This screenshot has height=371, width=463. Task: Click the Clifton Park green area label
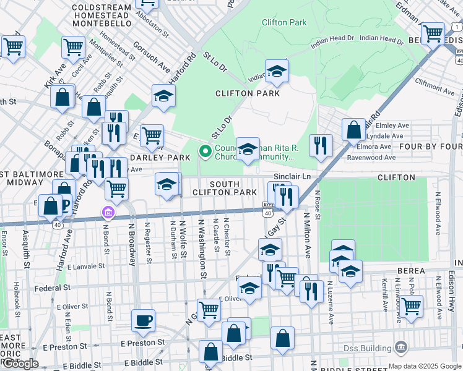[x=283, y=22]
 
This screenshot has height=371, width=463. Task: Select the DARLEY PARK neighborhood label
[x=159, y=158]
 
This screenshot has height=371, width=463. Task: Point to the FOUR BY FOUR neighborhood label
[x=431, y=147]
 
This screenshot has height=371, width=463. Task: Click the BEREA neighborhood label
[x=411, y=271]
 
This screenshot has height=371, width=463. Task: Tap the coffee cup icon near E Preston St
[x=143, y=320]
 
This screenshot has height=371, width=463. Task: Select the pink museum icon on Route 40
[x=108, y=213]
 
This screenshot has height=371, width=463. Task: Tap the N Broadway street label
[x=132, y=244]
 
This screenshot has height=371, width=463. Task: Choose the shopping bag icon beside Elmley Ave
[x=353, y=130]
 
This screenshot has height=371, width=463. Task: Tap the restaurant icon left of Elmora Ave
[x=320, y=147]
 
